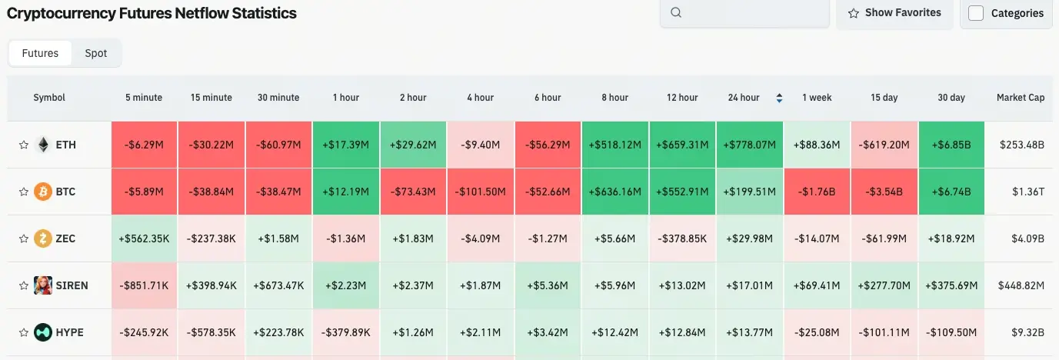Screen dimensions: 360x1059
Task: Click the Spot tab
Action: (95, 53)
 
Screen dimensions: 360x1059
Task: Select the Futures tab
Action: (40, 53)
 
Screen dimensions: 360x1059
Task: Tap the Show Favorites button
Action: (894, 13)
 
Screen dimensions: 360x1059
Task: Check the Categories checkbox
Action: (976, 13)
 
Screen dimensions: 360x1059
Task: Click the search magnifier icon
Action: (676, 13)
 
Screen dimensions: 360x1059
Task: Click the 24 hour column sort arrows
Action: (779, 98)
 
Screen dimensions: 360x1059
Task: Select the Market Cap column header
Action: (1020, 98)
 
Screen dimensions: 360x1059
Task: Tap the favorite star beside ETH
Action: (24, 145)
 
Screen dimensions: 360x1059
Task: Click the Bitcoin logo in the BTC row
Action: (43, 192)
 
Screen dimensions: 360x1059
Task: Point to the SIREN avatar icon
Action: (43, 285)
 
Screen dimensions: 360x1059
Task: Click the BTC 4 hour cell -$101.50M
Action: (480, 192)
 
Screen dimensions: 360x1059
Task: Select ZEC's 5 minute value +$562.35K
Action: (144, 238)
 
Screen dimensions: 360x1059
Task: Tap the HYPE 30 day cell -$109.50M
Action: (951, 332)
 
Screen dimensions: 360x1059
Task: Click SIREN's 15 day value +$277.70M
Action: (884, 285)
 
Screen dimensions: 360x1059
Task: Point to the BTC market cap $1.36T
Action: (1021, 192)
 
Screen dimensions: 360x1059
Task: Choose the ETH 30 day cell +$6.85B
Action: (951, 145)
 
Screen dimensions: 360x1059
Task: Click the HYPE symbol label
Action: (70, 332)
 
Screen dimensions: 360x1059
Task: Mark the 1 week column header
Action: (817, 98)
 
